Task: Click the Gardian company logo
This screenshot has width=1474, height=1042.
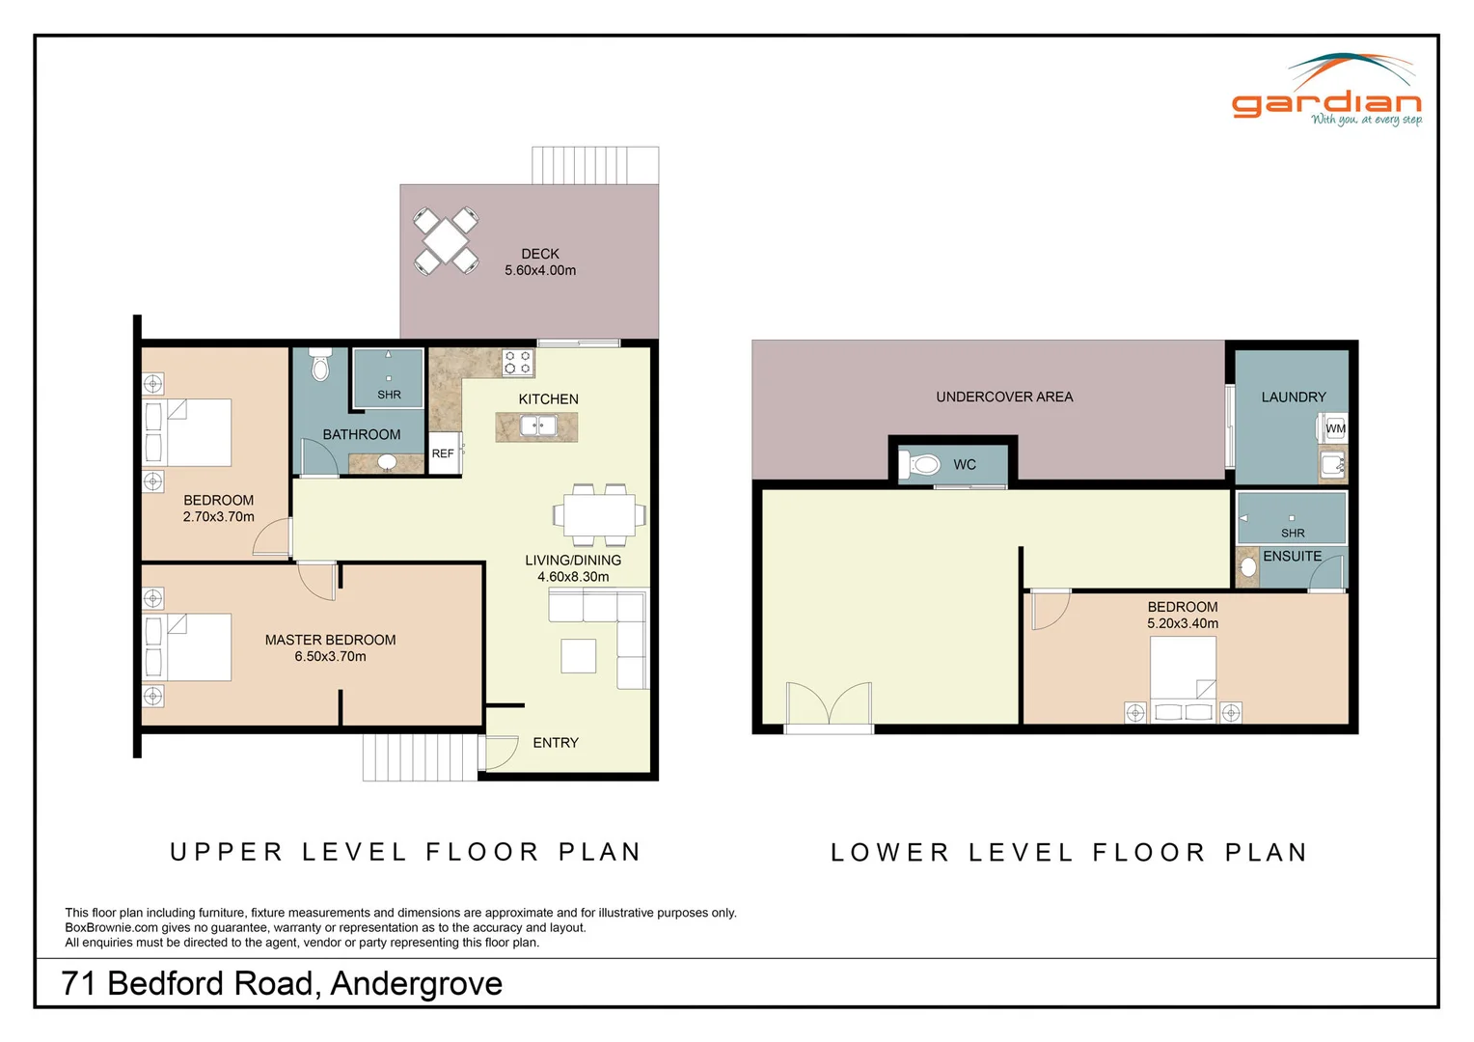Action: click(1326, 90)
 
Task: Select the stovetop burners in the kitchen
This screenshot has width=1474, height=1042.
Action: click(518, 363)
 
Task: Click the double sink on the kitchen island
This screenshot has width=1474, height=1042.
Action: click(538, 425)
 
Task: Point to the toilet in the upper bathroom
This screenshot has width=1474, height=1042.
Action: click(320, 365)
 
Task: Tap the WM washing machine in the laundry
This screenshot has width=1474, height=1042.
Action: click(1332, 428)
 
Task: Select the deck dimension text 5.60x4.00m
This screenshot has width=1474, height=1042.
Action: click(540, 270)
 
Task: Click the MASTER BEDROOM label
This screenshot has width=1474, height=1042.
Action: click(330, 640)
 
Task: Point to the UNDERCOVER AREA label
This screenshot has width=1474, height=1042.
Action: click(1004, 397)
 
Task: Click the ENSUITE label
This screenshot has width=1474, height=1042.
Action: click(1293, 557)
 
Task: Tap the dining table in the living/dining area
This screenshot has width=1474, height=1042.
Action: click(599, 515)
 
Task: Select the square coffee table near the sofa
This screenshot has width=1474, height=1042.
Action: click(579, 656)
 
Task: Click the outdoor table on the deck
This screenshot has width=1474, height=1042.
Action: click(446, 241)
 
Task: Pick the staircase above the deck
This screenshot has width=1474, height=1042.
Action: click(595, 165)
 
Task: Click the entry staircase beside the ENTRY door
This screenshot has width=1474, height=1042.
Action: click(420, 757)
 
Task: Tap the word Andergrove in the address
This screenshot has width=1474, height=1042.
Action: click(417, 983)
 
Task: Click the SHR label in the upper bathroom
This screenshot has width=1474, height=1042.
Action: click(389, 395)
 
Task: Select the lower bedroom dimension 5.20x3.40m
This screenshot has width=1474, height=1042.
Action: click(1183, 623)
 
